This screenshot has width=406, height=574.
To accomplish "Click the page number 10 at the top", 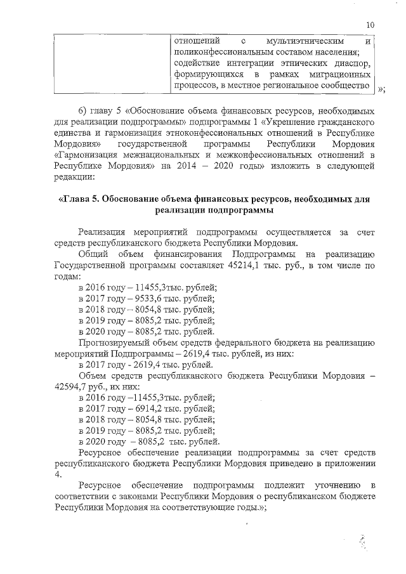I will click(x=370, y=25).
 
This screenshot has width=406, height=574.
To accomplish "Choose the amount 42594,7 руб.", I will click(x=74, y=386).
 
